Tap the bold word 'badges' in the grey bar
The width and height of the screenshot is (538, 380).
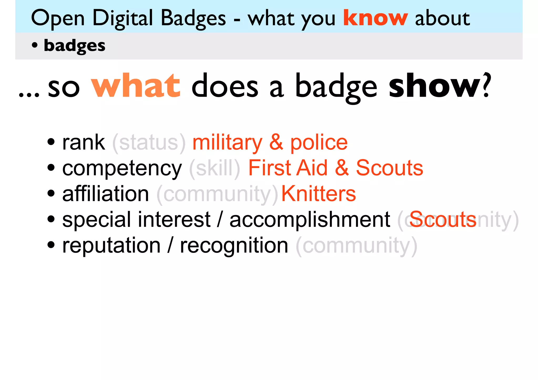[x=74, y=46]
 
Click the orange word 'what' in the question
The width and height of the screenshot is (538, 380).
[x=136, y=86]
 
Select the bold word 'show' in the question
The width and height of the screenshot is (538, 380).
[x=434, y=86]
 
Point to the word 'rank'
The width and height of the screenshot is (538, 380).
[x=83, y=143]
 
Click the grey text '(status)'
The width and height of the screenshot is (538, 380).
[x=149, y=143]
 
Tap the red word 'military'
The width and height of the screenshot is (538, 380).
[x=227, y=143]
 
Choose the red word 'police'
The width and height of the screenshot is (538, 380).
[x=319, y=143]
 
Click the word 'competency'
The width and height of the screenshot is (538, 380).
[x=122, y=168]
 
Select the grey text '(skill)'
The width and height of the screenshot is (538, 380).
[x=214, y=168]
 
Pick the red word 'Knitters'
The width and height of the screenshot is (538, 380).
[x=318, y=194]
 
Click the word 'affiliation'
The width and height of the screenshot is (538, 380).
[x=106, y=194]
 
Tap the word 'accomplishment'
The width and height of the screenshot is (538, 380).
[x=310, y=220]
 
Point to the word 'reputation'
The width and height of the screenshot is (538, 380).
[x=111, y=246]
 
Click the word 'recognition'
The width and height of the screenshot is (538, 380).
[x=234, y=246]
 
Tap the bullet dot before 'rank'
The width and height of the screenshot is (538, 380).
[x=51, y=142]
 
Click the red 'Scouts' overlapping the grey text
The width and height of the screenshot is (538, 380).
[x=443, y=220]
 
